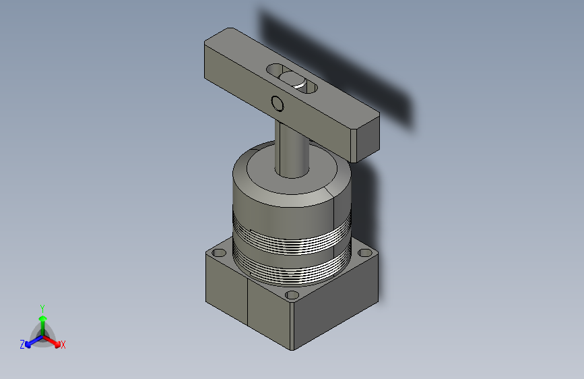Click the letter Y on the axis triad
(42, 309)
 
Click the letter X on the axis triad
(63, 345)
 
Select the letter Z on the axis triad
(22, 345)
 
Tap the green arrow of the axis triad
(43, 326)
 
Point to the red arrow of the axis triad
(52, 341)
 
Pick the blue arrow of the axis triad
(34, 341)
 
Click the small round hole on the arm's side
(278, 103)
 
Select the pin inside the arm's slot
(293, 80)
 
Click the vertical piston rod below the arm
(292, 149)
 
